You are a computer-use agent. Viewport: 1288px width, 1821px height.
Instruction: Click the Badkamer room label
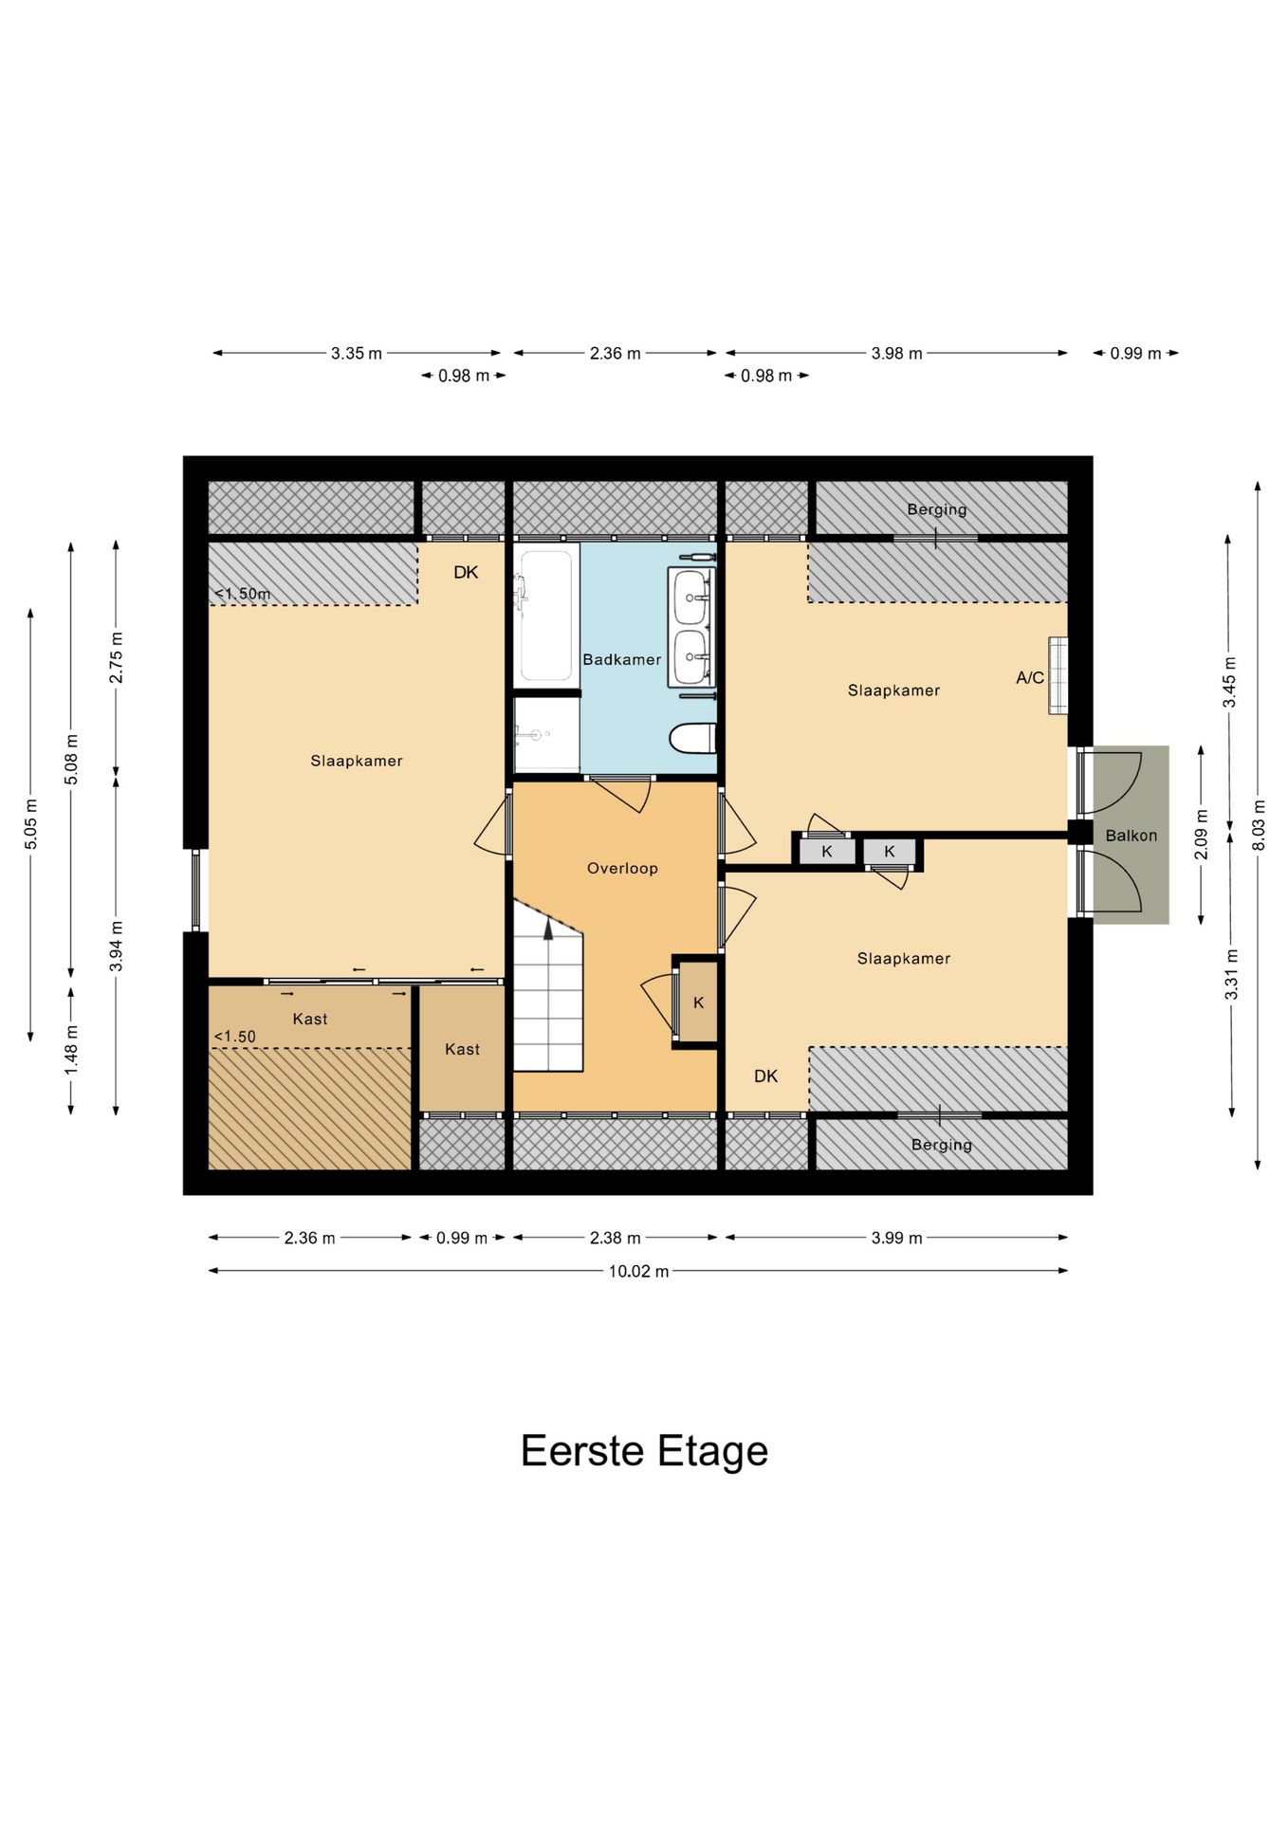click(621, 659)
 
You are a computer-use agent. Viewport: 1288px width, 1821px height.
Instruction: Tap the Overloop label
click(622, 868)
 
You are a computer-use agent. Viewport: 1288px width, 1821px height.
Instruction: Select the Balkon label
click(1132, 836)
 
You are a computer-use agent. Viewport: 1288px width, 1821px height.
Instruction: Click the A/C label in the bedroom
click(1030, 677)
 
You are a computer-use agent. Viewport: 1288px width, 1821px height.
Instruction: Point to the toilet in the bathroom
click(693, 738)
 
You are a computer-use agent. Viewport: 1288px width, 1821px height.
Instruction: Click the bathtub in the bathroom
click(546, 615)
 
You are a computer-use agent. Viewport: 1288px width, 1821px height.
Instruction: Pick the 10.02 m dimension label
click(638, 1271)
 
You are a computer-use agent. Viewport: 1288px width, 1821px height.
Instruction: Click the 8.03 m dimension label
click(1259, 825)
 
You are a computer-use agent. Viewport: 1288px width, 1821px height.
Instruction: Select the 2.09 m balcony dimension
click(1201, 835)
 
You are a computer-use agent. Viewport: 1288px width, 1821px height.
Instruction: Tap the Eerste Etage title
click(644, 1450)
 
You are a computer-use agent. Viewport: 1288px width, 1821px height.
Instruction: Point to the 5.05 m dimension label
click(31, 823)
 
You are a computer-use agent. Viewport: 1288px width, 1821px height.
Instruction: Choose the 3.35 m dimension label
click(357, 353)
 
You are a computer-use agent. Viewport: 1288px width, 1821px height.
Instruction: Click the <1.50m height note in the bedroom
click(242, 594)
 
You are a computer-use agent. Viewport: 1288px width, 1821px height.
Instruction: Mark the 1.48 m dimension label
click(71, 1050)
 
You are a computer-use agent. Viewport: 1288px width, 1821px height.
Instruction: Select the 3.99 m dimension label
click(896, 1238)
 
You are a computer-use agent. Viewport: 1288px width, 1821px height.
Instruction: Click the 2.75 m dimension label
click(116, 657)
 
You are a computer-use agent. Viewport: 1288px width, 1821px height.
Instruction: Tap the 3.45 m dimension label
click(1229, 682)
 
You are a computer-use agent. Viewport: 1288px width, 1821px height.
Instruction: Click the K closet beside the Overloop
click(698, 1002)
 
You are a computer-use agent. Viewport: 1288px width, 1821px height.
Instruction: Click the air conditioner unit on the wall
click(1058, 676)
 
